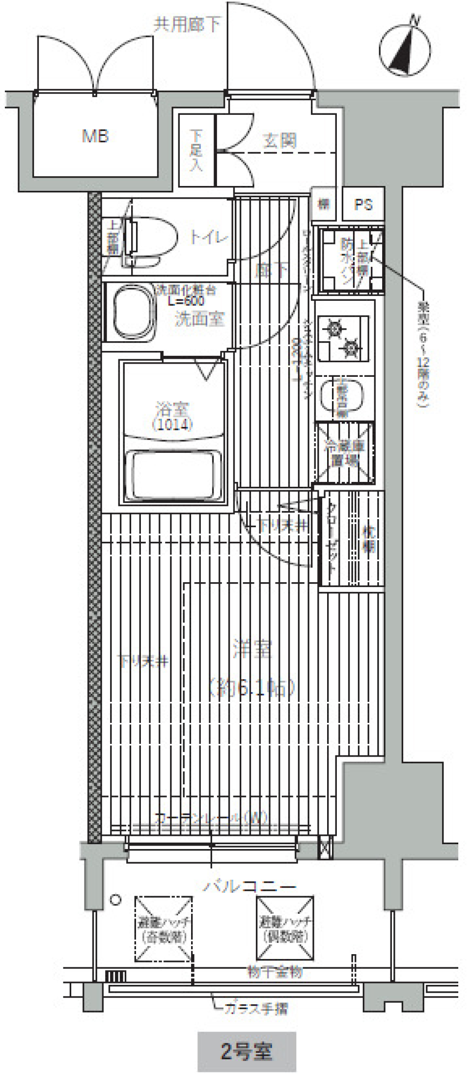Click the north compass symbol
tap(405, 50)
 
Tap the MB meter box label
tap(95, 136)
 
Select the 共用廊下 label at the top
tap(187, 24)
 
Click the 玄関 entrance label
tap(280, 141)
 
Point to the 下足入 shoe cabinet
tap(196, 150)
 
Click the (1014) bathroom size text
tap(173, 425)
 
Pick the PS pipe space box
tap(363, 204)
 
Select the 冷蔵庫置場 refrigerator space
tap(344, 453)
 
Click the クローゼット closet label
tap(331, 538)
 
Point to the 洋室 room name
tap(252, 649)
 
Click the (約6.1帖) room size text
tap(252, 688)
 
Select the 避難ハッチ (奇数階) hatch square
tap(164, 929)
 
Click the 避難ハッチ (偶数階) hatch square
tap(285, 927)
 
